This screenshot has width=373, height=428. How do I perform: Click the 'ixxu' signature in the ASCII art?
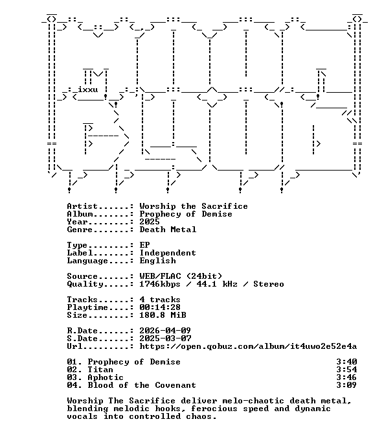tap(88, 89)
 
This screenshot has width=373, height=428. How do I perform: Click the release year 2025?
tap(150, 222)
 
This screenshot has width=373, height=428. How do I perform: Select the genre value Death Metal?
tap(168, 230)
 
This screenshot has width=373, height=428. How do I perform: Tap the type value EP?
tap(144, 245)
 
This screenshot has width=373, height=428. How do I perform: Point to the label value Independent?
tap(168, 253)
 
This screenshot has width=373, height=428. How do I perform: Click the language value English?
tap(157, 261)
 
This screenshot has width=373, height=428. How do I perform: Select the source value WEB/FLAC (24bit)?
tap(181, 276)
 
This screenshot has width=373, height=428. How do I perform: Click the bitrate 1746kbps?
tap(160, 284)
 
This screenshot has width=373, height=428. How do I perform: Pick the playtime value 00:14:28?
tap(160, 307)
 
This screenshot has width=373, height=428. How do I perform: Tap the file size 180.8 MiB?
tap(163, 315)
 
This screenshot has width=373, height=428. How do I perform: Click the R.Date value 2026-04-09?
tap(165, 331)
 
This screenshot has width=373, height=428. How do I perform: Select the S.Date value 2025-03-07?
tap(165, 339)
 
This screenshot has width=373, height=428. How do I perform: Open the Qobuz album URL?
tap(248, 346)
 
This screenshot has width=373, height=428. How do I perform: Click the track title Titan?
tap(100, 370)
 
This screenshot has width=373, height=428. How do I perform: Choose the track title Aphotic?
tap(106, 377)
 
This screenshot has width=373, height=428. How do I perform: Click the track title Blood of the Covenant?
tap(142, 385)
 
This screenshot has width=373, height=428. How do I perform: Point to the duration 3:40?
tap(346, 362)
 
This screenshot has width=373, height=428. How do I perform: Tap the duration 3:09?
tap(346, 385)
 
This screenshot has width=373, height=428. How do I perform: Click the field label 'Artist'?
tap(82, 206)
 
